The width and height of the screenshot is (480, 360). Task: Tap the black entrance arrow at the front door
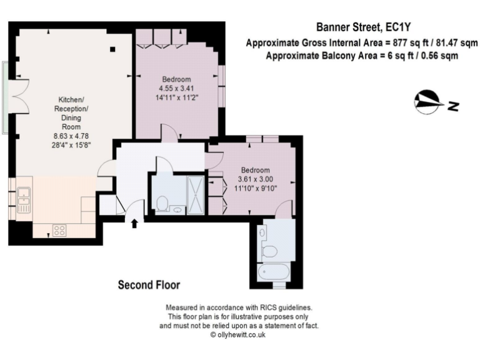pos(135,223)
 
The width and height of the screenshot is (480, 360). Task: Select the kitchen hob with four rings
pos(59,230)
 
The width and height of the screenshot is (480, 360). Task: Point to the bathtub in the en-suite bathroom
pos(273,272)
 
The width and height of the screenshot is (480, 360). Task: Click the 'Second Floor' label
pos(149,285)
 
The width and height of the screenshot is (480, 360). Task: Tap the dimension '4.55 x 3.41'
pos(176,88)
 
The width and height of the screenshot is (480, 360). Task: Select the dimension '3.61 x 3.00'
pos(255,179)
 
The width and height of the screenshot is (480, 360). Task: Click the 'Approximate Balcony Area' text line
pos(362,55)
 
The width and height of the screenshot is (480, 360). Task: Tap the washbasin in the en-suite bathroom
pos(262,233)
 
